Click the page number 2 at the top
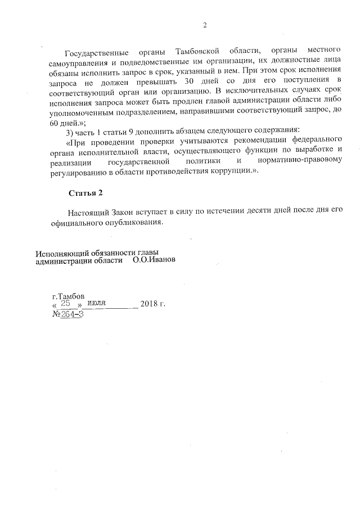point(205,25)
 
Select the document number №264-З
point(67,314)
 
